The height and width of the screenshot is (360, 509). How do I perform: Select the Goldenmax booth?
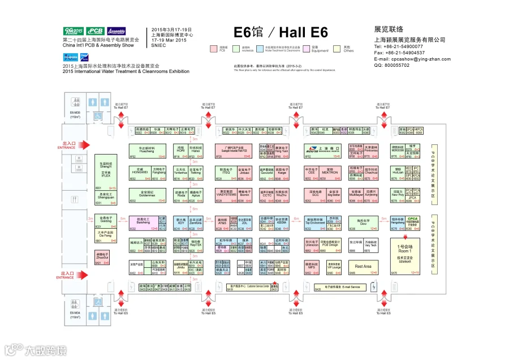click(x=146, y=195)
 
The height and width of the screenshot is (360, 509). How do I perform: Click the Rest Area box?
click(x=363, y=267)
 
